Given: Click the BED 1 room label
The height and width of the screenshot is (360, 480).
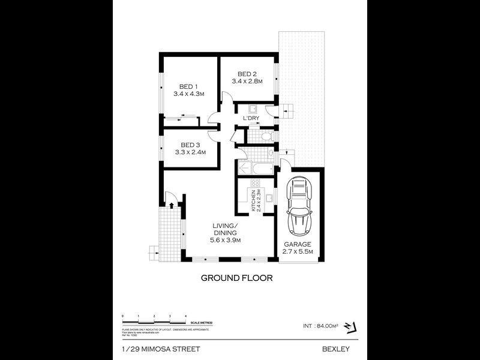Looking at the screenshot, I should pos(189,86).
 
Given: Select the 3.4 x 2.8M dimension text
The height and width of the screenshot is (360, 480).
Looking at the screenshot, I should pos(247,82).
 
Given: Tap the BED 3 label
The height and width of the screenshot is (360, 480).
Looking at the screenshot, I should pos(190,145).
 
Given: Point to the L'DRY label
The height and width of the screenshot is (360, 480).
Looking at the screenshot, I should pos(251,118).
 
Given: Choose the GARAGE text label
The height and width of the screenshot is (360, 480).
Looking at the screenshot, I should pos(298,244).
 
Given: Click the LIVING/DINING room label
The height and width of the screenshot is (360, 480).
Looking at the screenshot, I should pos(225,229).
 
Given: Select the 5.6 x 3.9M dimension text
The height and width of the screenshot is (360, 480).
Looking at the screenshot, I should pos(225,240).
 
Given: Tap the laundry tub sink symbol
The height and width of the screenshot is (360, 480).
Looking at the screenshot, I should pos(253,109).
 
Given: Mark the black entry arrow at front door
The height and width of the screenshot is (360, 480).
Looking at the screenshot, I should pos(172,205).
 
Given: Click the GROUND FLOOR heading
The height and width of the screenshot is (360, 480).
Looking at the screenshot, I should pos(236,278).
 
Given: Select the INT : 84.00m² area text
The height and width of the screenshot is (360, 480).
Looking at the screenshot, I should pos(321,326).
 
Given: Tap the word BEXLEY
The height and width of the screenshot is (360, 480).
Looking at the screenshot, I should pos(335,349).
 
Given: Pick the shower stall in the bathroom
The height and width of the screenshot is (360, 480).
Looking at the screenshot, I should pos(244,168).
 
